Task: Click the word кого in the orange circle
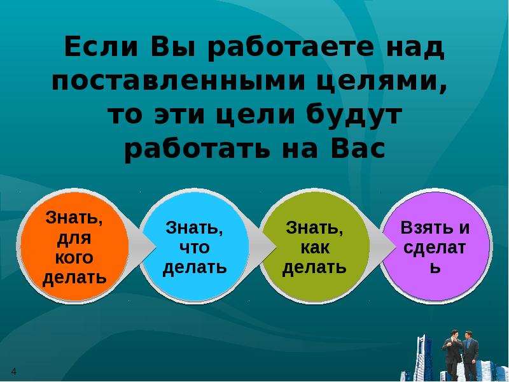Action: (x=74, y=258)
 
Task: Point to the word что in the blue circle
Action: (x=195, y=248)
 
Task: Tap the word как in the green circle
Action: (x=315, y=248)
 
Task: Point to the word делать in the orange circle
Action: (x=74, y=278)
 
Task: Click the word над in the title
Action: (x=414, y=49)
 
